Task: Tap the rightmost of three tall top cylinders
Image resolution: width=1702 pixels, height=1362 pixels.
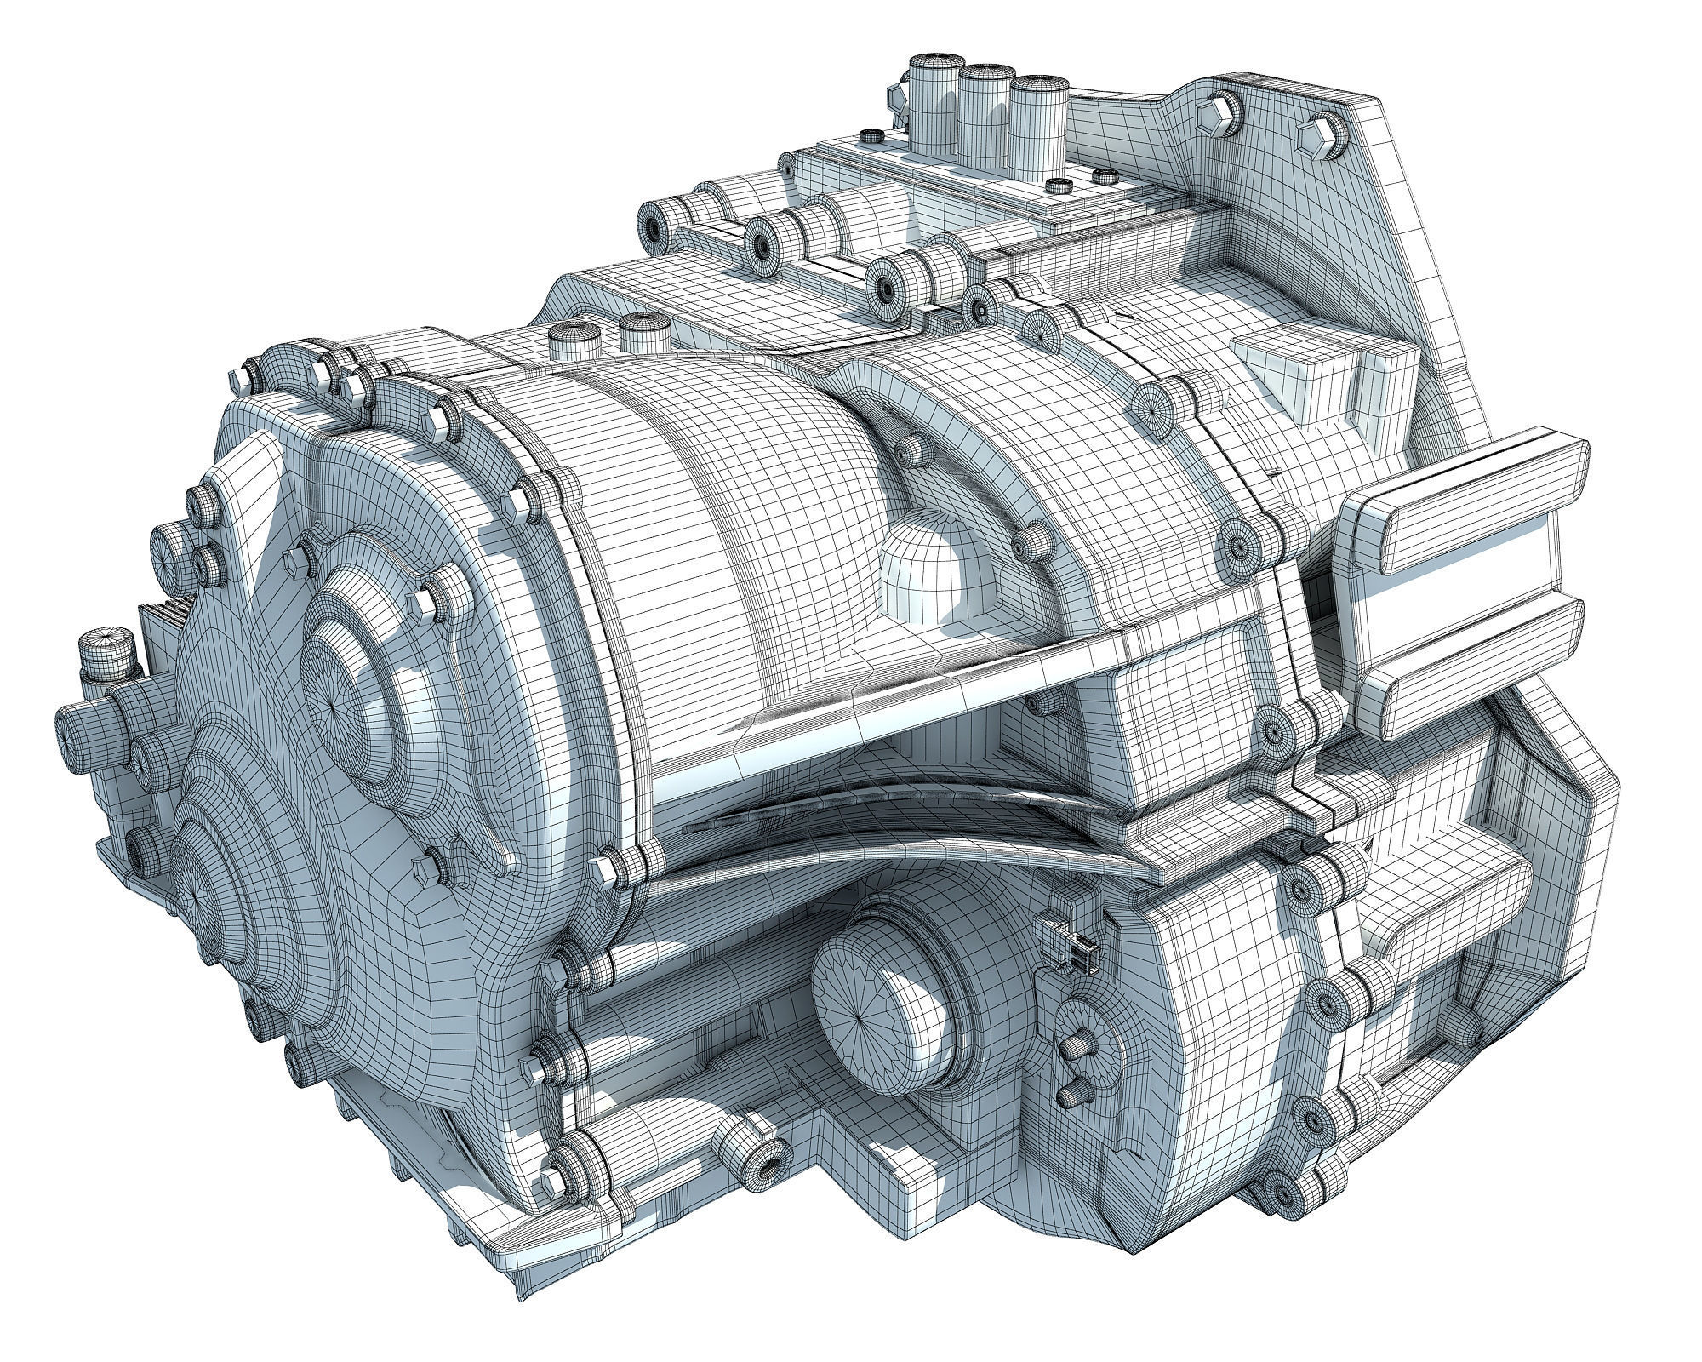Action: pyautogui.click(x=1040, y=128)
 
